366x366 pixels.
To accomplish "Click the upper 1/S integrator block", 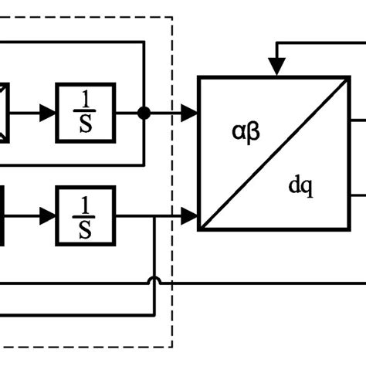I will (85, 113).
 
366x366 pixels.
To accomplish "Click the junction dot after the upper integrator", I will (144, 113).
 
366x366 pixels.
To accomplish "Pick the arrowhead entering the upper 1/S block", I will (49, 113).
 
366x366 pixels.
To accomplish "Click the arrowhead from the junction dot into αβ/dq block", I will (189, 113).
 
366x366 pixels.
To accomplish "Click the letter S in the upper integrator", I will (86, 124).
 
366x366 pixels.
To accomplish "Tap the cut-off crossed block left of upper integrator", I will (4, 113).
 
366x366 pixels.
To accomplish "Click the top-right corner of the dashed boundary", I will (172, 17).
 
